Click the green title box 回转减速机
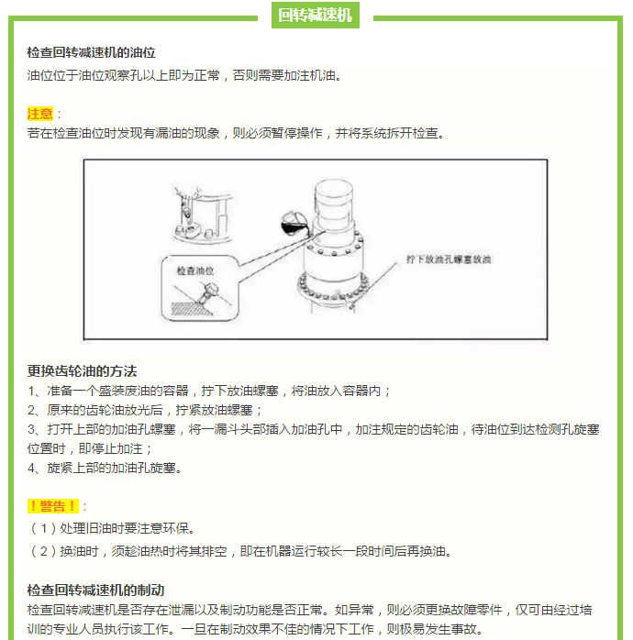[316, 15]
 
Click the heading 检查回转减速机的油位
[91, 52]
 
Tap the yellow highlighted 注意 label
[40, 114]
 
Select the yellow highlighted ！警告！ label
[53, 506]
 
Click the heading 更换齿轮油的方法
[82, 371]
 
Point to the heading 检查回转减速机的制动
[95, 590]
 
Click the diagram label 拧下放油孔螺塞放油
[449, 259]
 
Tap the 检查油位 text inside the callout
[194, 270]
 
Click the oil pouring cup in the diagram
[292, 223]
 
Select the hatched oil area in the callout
[189, 309]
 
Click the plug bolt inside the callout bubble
[208, 292]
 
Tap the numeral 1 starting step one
[31, 391]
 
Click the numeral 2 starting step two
[31, 410]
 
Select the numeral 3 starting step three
[31, 429]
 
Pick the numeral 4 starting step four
[31, 468]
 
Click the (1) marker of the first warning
[43, 528]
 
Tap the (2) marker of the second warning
[43, 551]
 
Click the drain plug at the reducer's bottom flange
[351, 305]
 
